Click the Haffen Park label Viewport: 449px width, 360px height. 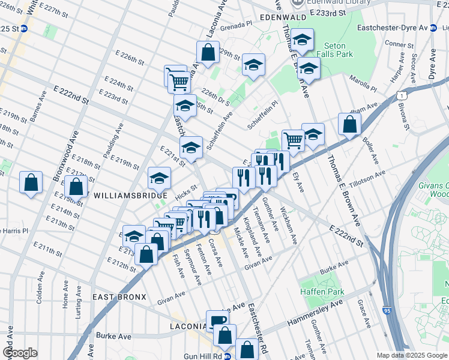(x=321, y=292)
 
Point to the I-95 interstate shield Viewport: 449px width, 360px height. (x=385, y=312)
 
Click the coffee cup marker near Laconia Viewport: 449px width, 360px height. (x=217, y=319)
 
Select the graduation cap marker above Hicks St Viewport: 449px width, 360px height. (x=159, y=178)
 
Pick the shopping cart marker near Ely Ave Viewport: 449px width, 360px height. (x=293, y=140)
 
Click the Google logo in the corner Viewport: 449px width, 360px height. (x=20, y=353)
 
